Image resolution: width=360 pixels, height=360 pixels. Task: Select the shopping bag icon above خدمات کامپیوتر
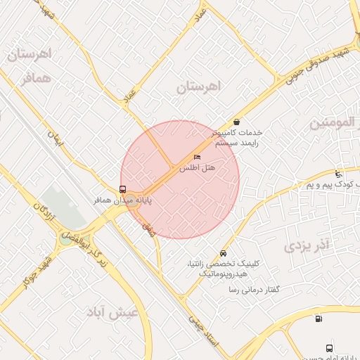point(236,121)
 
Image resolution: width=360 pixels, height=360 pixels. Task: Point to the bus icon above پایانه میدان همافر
point(123,189)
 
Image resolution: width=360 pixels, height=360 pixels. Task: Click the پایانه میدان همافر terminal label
point(134,200)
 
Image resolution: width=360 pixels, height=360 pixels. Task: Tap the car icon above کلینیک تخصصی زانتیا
point(223,253)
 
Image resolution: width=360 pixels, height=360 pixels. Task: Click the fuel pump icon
point(319,319)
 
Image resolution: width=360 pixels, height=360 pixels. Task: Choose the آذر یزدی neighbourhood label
point(307,245)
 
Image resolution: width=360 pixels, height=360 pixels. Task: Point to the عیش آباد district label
point(112,311)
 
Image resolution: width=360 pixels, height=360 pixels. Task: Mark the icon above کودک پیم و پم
point(339,174)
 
